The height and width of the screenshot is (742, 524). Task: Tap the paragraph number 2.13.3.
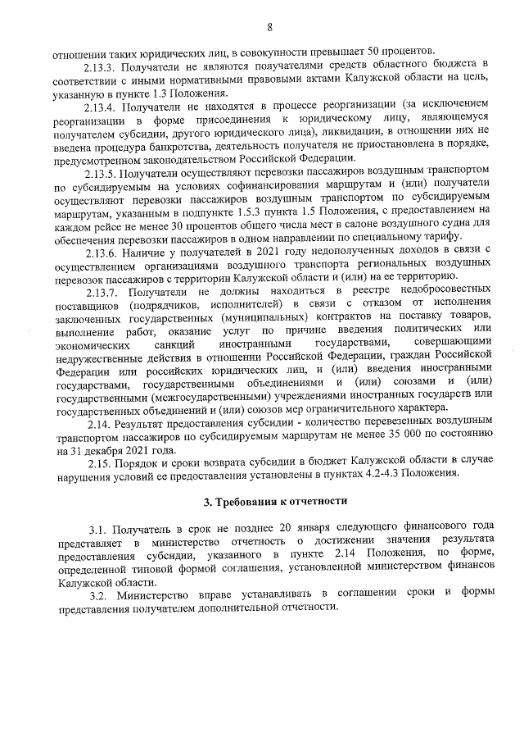coord(102,63)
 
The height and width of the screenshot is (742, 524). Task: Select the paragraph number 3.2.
coord(98,592)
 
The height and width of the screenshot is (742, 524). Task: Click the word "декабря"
coord(114,451)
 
